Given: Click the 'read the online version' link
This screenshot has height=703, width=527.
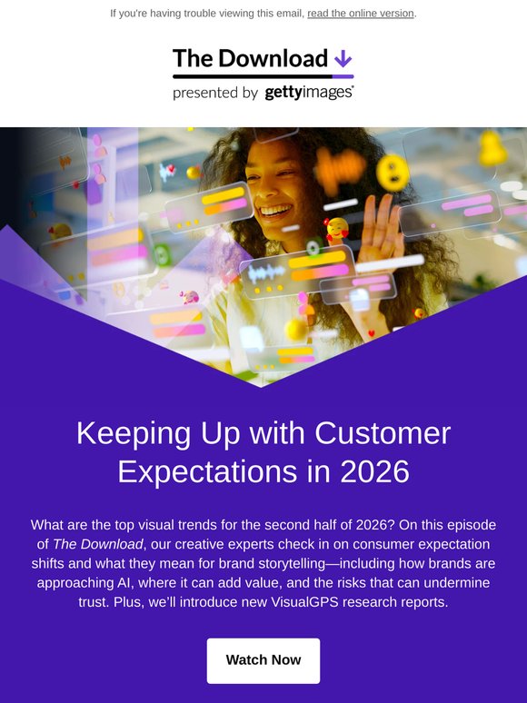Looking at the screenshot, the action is coord(361,14).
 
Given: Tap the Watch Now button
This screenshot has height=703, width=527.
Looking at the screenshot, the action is coord(263,660).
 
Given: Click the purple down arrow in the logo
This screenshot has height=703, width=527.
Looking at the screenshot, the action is coord(343,58).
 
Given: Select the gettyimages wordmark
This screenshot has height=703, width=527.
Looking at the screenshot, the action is coord(309,93).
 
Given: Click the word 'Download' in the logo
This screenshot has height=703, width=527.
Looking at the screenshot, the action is coord(273,58).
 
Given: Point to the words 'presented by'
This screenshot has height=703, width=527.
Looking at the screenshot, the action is coord(215,93).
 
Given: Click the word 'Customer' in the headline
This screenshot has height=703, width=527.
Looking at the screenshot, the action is coord(383,433).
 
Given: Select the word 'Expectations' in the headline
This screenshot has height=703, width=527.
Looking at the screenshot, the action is coord(207,471).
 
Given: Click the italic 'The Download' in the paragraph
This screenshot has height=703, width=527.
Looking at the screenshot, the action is coord(98,544).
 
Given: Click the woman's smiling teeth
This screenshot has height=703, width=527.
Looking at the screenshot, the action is coord(275,210).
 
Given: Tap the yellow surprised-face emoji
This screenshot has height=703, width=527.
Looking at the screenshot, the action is coord(393,173).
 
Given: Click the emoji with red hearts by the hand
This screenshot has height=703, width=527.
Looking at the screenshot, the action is coord(337,230).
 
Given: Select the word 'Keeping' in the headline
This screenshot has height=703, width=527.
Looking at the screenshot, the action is coord(134,433).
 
